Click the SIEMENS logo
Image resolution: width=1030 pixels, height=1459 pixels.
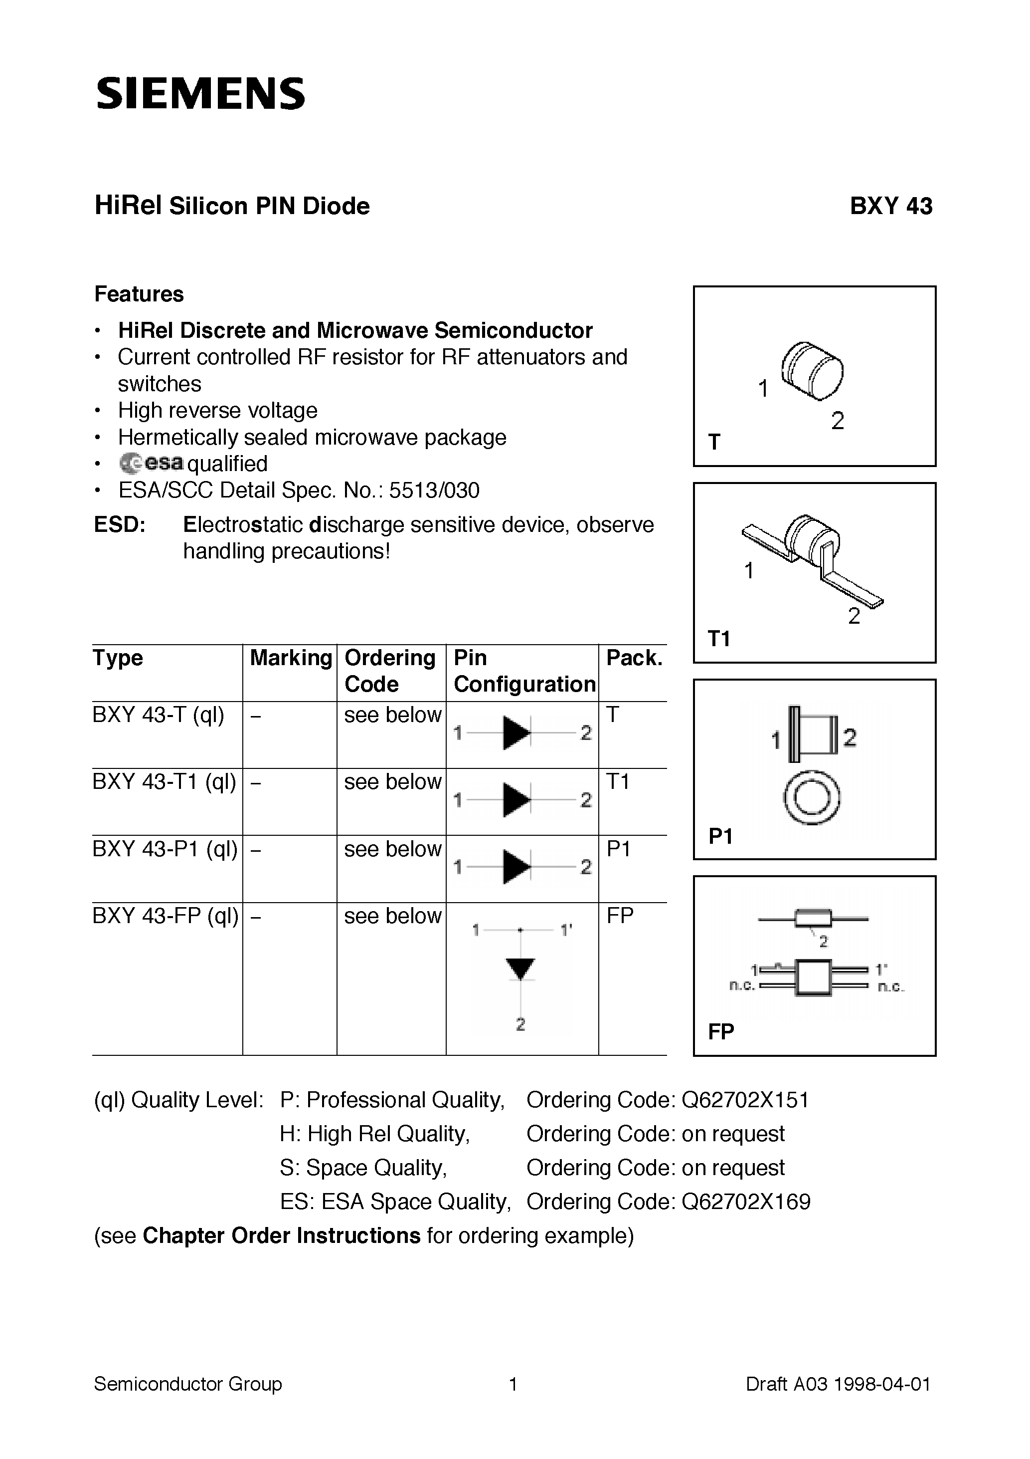click(x=200, y=93)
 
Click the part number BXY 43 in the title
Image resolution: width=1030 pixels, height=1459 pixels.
click(x=890, y=206)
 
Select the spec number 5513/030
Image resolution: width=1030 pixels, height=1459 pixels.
click(x=434, y=490)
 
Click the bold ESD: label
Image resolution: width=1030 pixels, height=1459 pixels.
click(x=119, y=524)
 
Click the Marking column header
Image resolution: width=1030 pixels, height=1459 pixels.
click(x=291, y=658)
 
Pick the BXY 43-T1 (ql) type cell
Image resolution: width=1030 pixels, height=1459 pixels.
click(x=165, y=781)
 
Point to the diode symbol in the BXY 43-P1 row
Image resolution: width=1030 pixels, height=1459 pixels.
click(x=516, y=866)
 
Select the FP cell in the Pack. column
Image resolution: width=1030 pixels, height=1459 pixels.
click(x=620, y=916)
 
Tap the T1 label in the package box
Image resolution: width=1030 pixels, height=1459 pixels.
click(x=719, y=638)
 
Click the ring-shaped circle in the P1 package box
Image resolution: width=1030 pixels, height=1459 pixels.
click(x=812, y=798)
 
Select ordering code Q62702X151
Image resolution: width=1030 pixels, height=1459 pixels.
click(x=745, y=1100)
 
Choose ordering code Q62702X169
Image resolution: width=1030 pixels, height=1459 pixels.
click(x=745, y=1202)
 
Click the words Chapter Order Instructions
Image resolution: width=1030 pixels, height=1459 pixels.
click(x=281, y=1235)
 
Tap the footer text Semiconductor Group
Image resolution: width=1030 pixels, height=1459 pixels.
click(x=188, y=1383)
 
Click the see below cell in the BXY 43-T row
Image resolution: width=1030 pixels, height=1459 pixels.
click(x=392, y=715)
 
